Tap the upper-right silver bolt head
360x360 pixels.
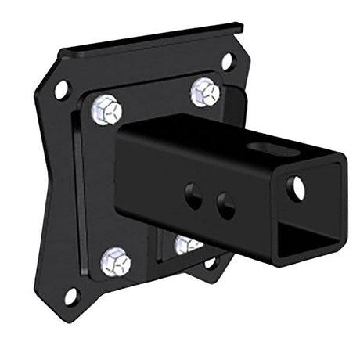204,92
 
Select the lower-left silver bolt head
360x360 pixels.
116,261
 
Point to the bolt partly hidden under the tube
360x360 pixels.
186,244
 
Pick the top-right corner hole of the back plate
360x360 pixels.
227,60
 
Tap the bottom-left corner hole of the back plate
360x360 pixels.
70,297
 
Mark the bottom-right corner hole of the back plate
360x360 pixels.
210,263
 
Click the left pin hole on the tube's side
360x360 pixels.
193,195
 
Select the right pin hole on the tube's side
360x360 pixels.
225,206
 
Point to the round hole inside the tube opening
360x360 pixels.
297,186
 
